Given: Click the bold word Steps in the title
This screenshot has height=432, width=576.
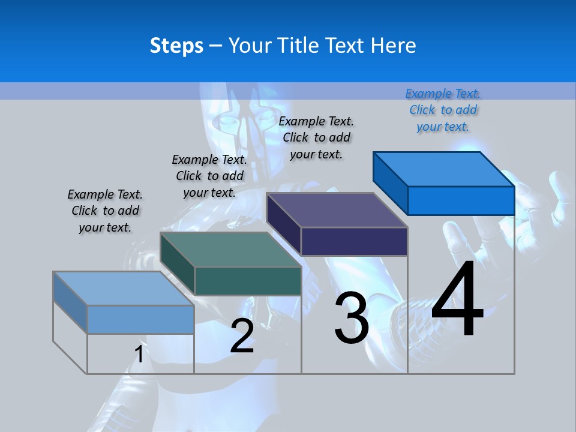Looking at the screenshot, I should (176, 46).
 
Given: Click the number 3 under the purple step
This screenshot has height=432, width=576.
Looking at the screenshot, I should (352, 318).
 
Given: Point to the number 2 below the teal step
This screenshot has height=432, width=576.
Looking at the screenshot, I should (242, 336).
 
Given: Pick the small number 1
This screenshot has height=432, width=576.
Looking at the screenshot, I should (139, 354).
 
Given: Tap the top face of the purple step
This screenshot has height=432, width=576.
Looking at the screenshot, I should (337, 210).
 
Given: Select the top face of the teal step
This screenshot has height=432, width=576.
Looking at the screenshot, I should (230, 250).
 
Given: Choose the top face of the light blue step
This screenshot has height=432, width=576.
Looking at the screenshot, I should (123, 289).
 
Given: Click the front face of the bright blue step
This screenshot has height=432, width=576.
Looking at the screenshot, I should (461, 200).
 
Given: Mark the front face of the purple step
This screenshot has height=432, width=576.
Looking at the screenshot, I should (354, 241).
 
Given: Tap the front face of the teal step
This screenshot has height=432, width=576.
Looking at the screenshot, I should (248, 281).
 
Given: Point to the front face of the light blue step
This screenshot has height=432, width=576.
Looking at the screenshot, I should (140, 319).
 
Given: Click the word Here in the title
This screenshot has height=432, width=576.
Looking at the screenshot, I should (395, 46).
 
